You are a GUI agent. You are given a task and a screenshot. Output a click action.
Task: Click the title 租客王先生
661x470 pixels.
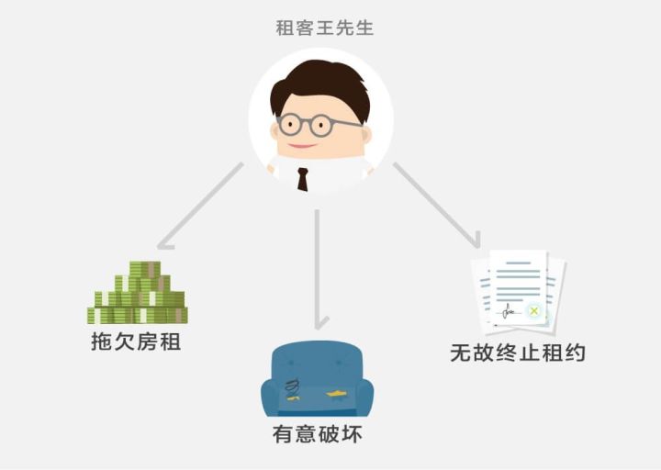click(x=324, y=28)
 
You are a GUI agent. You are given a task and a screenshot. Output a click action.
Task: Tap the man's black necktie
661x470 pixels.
click(x=302, y=178)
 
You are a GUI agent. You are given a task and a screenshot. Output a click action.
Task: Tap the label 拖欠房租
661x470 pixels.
click(x=136, y=341)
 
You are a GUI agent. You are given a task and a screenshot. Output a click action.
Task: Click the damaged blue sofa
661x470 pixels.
click(x=317, y=380)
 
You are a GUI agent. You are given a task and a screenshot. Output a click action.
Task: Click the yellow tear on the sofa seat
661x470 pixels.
click(x=336, y=394)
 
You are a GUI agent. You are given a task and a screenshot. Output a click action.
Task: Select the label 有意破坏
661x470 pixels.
click(x=318, y=433)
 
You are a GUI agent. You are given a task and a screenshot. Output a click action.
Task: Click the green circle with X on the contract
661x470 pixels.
click(x=533, y=312)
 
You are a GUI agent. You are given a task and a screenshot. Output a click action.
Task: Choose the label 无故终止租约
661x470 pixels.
click(x=518, y=352)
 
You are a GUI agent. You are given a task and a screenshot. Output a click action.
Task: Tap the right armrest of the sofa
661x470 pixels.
click(x=364, y=397)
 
